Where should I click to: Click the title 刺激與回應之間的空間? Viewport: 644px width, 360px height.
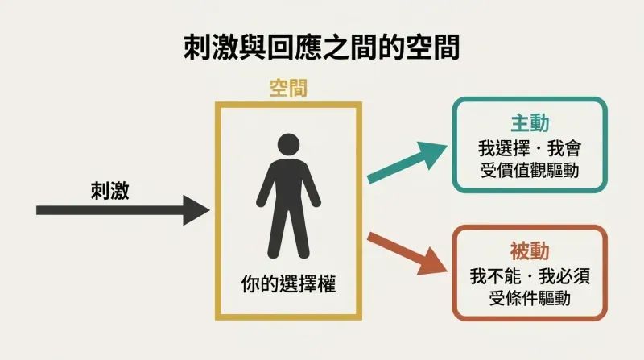321,48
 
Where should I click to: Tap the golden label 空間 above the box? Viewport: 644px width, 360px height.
288,88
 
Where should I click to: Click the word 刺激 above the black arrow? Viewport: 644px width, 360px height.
110,191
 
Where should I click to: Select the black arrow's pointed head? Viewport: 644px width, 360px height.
196,210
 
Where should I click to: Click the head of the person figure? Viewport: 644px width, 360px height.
288,145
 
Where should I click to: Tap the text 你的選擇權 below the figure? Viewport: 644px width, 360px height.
288,284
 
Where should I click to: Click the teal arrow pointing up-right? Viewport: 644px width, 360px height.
407,162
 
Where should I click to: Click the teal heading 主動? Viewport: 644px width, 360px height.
530,123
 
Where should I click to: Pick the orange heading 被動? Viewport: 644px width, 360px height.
530,251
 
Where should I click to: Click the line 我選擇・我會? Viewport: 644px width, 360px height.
530,148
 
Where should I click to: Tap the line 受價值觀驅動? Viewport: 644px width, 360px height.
530,170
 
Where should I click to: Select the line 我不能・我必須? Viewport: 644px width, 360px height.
530,275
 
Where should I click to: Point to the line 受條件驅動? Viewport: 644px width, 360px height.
530,298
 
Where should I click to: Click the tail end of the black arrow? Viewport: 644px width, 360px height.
37,210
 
